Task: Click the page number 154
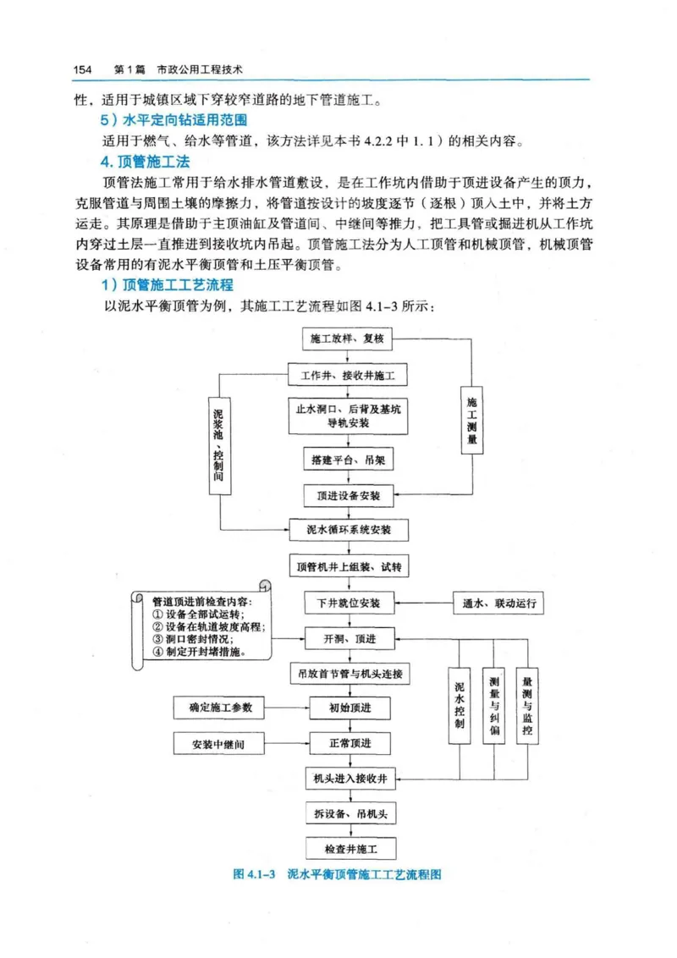click(x=81, y=69)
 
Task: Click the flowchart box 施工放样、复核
click(x=348, y=339)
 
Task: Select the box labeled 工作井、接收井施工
click(x=348, y=374)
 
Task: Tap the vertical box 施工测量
click(x=472, y=419)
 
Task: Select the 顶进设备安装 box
click(x=348, y=494)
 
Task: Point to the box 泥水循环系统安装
click(x=349, y=531)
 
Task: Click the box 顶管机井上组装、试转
click(x=349, y=565)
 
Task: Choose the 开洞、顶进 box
click(x=350, y=638)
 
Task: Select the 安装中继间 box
click(x=219, y=745)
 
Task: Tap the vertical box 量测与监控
click(x=527, y=704)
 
